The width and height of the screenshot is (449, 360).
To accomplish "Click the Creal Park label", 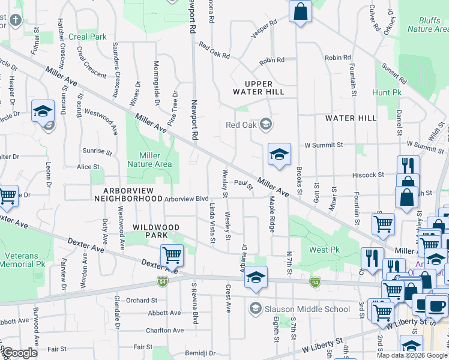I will pos(88,37).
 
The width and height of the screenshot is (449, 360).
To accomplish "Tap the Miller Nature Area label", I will pos(151,160).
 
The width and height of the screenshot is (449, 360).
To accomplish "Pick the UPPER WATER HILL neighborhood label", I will pos(262,88).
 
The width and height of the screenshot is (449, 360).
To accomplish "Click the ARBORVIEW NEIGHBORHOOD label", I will pos(128,194).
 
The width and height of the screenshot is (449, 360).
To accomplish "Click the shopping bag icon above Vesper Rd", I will pos(300,11).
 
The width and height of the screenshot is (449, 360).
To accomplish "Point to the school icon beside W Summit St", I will pos(279,154).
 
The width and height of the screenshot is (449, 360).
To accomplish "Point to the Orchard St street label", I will pos(142,300).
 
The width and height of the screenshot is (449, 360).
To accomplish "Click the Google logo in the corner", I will pos(20,353).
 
